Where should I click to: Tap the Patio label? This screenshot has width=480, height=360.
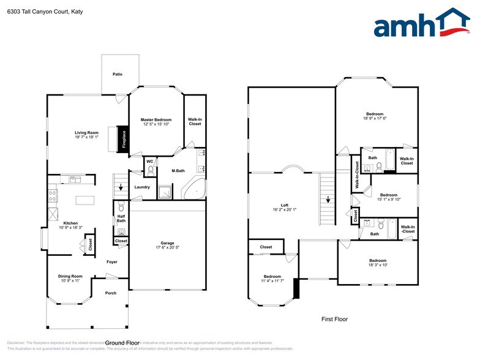coord(118,74)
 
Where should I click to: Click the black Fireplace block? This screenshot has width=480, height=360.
coord(123,139)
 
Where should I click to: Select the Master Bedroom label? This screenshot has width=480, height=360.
coord(156,119)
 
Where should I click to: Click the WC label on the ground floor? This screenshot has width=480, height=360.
coord(149,162)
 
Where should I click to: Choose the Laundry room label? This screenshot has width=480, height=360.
coord(142,187)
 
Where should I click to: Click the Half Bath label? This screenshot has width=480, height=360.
coord(121,218)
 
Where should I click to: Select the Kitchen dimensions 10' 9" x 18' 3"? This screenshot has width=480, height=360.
coord(72,228)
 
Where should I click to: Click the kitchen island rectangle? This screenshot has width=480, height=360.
coord(86,200)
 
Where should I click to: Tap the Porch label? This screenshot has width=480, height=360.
coord(111,293)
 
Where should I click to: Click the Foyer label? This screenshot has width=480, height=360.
coord(112,261)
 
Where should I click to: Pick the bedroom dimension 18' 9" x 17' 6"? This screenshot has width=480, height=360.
coord(375,118)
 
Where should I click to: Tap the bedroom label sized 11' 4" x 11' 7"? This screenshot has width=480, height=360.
coord(272,276)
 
